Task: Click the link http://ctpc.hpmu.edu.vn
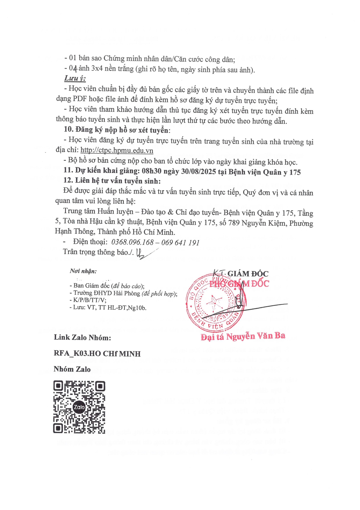coord(117,151)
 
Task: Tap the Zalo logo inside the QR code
coord(79,407)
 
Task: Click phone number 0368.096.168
coord(132,242)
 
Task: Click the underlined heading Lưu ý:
coord(75,78)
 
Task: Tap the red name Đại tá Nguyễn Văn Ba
coord(243,337)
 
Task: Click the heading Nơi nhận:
coord(83,271)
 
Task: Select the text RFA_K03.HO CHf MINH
coord(97,354)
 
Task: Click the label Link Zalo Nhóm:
coord(82,337)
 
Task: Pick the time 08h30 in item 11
coord(152,171)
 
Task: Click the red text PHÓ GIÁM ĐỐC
coord(239,284)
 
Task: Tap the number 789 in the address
coord(234,223)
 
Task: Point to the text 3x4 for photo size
coord(97,69)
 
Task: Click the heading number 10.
coord(69,129)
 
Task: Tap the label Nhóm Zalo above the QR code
coord(72,369)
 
